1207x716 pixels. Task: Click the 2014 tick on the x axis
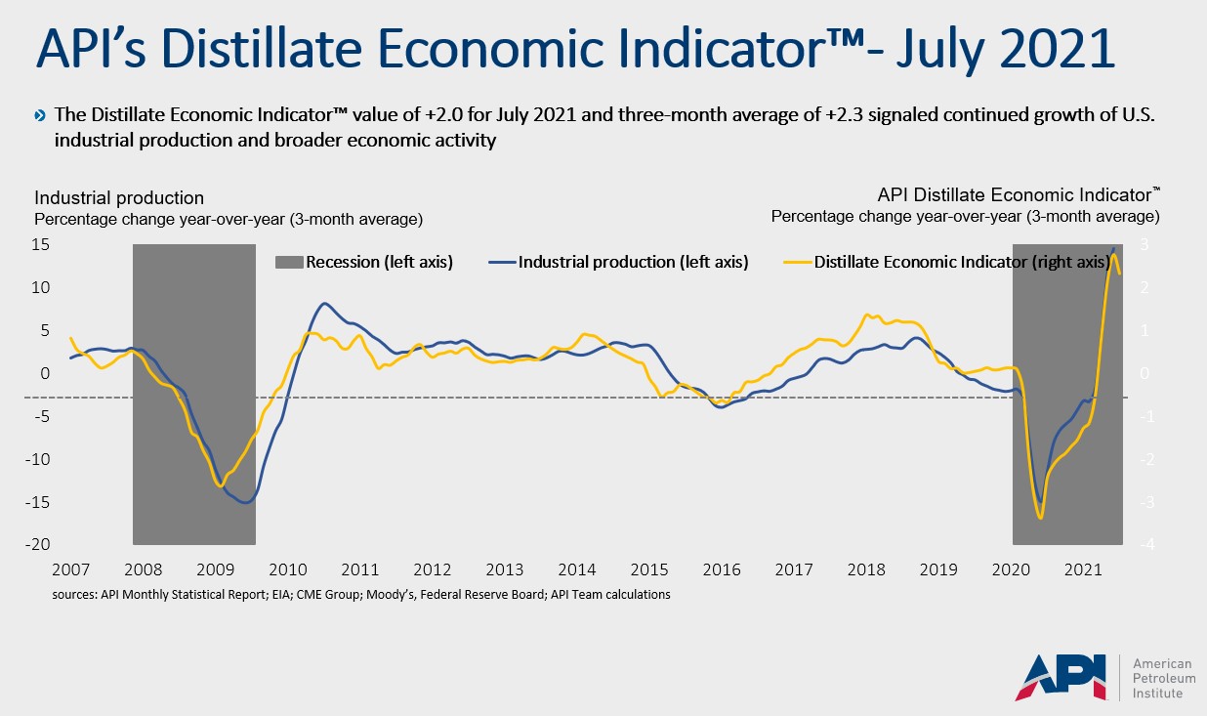(577, 569)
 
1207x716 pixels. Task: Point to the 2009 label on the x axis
(214, 569)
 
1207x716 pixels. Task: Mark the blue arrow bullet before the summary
(40, 116)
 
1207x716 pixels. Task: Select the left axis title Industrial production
(120, 198)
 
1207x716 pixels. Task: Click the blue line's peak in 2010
(325, 304)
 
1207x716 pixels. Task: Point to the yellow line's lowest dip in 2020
(1041, 517)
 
